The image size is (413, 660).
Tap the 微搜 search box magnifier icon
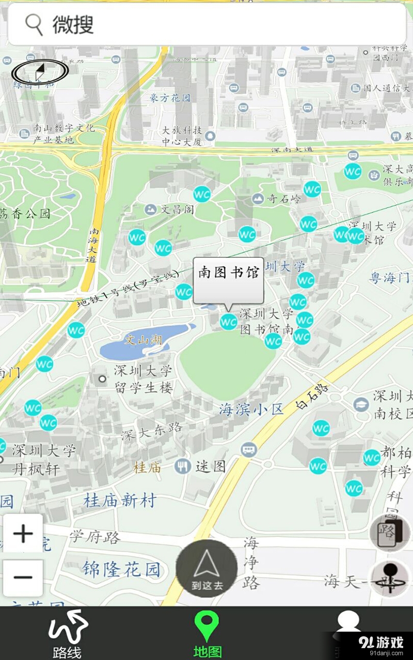point(34,24)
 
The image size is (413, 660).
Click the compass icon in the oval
point(40,72)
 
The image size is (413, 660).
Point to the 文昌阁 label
point(177,209)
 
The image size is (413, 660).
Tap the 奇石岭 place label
point(284,199)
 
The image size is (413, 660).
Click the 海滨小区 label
point(251,410)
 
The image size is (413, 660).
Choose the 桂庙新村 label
point(120,500)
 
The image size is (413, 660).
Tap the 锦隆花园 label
point(121,569)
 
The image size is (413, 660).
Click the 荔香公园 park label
point(26,213)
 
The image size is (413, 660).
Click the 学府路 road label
point(96,537)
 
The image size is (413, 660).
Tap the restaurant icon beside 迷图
point(182,467)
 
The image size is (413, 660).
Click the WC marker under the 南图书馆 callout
point(228,322)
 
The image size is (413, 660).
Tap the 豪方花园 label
point(170,97)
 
